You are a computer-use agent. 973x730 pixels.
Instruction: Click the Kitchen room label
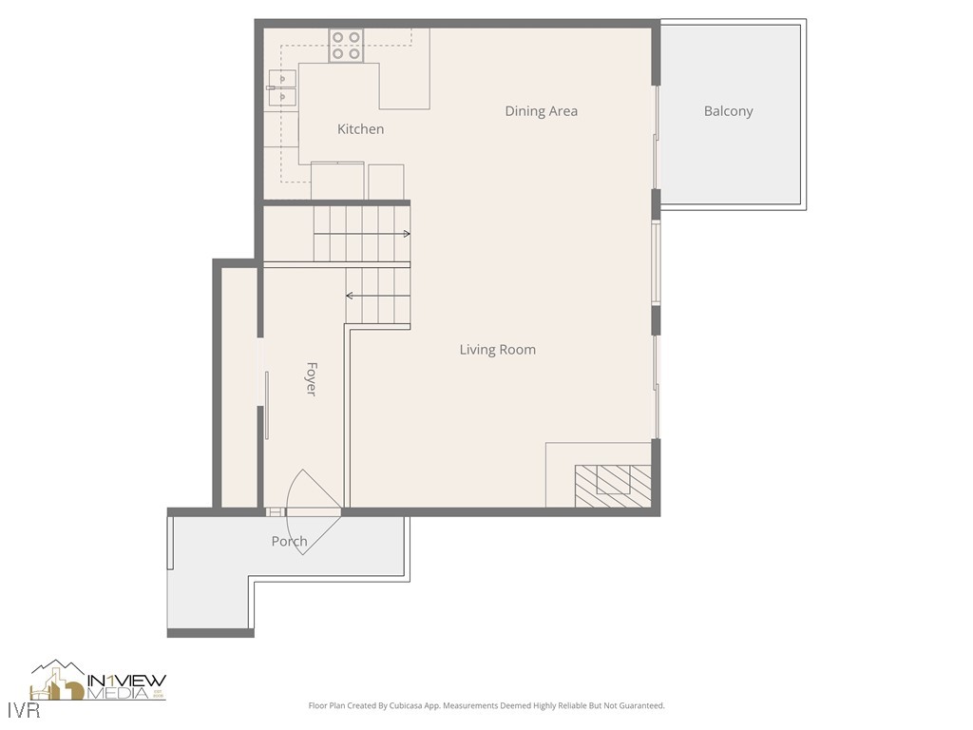[x=360, y=129]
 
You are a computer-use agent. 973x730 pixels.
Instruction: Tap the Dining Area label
[x=541, y=111]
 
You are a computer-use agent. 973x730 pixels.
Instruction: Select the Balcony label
[x=728, y=111]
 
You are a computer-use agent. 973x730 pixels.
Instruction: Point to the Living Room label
[x=497, y=350]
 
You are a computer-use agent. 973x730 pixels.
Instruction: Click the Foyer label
[x=311, y=378]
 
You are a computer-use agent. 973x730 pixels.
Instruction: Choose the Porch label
[x=289, y=542]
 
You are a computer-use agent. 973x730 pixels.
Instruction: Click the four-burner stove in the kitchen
[x=347, y=46]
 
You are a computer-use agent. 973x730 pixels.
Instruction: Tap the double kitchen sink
[x=282, y=87]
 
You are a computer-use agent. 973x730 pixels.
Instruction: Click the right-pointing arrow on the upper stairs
[x=405, y=233]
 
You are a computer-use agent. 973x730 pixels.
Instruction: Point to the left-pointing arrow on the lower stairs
[x=351, y=296]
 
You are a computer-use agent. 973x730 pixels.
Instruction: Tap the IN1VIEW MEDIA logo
[x=99, y=682]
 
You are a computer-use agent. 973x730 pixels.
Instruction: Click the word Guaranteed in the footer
[x=639, y=706]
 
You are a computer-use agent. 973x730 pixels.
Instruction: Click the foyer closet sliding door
[x=267, y=404]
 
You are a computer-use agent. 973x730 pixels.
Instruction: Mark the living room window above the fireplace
[x=657, y=385]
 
